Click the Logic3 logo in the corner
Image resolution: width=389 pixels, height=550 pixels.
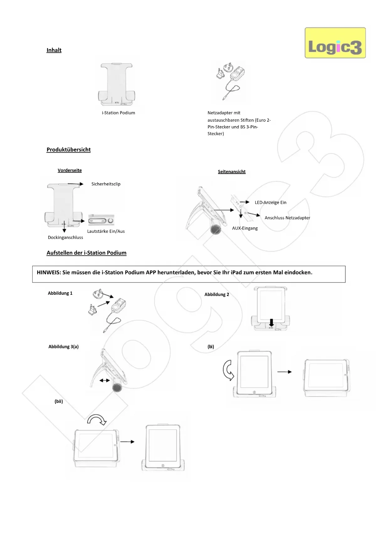click(335, 43)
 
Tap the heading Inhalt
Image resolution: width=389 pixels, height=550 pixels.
click(54, 50)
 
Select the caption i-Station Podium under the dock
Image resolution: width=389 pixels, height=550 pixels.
click(118, 113)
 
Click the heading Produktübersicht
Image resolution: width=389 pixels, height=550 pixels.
click(69, 150)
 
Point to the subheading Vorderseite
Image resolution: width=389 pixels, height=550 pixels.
click(70, 170)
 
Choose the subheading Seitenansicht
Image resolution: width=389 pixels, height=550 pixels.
click(232, 172)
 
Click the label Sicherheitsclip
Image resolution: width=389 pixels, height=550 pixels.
click(106, 184)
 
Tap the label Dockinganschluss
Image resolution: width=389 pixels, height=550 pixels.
click(66, 237)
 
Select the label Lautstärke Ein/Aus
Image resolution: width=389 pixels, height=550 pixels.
click(106, 231)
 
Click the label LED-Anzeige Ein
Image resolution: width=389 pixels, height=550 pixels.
click(271, 203)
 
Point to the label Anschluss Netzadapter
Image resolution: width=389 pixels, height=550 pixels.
click(287, 218)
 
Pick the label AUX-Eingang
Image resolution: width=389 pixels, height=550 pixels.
click(245, 228)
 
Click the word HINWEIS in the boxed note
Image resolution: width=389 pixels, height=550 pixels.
click(49, 272)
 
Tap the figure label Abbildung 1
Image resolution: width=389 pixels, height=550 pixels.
click(60, 293)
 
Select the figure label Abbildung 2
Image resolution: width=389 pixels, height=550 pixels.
click(217, 294)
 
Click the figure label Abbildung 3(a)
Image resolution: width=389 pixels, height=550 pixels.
click(64, 346)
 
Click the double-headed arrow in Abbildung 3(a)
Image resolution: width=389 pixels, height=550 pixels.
click(105, 380)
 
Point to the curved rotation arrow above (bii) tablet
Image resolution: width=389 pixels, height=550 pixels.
click(97, 420)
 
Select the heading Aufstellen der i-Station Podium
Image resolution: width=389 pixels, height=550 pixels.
click(87, 253)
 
